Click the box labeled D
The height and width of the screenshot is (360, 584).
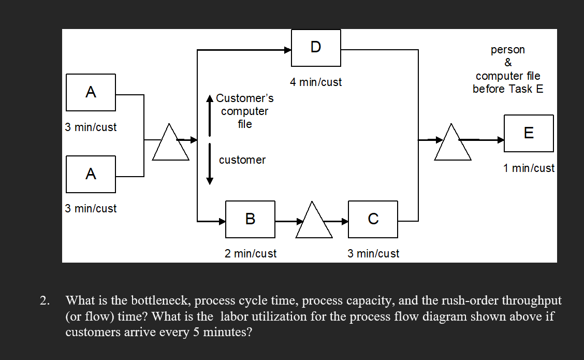316,48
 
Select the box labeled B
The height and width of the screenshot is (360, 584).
250,219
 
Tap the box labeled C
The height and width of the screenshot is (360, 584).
373,219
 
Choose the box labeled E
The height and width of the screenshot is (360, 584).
529,133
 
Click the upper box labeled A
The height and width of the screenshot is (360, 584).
91,92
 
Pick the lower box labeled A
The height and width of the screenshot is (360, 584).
91,174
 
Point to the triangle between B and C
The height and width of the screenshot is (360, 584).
314,222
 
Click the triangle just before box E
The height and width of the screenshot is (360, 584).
453,145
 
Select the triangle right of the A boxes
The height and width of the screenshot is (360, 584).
170,145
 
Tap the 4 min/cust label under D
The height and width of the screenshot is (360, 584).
316,82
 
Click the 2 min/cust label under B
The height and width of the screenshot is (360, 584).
251,254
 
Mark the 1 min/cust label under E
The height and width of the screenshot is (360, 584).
529,168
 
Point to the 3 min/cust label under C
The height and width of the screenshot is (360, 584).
373,254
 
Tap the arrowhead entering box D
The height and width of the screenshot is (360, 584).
287,50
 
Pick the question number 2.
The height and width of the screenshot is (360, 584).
46,300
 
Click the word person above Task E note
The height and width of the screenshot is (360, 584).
508,50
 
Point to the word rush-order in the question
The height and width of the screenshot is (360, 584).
464,300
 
